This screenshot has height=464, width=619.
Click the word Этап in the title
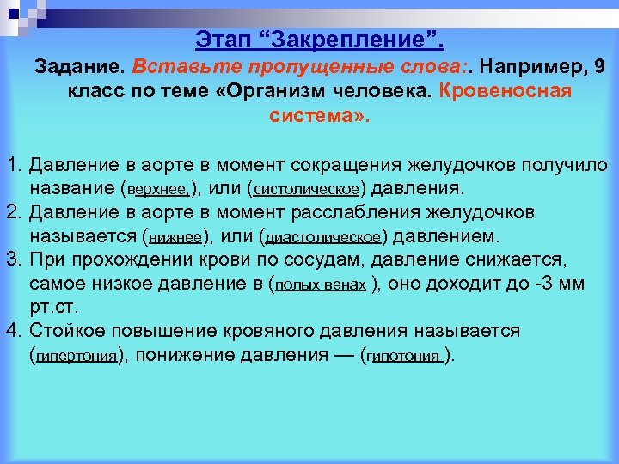pyautogui.click(x=222, y=39)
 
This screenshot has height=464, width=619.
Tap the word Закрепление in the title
pyautogui.click(x=344, y=39)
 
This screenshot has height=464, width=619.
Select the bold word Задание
pyautogui.click(x=81, y=66)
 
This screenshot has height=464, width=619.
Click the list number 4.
pyautogui.click(x=11, y=331)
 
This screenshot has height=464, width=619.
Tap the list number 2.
pyautogui.click(x=11, y=211)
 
